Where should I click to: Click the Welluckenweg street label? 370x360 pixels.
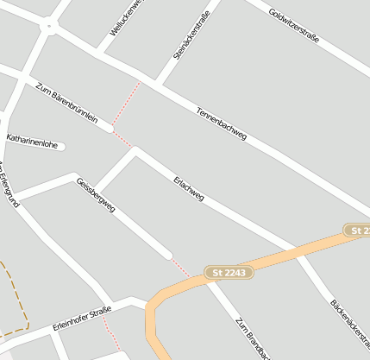[124, 18]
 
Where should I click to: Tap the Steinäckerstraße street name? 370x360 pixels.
[191, 39]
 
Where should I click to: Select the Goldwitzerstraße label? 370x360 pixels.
[294, 26]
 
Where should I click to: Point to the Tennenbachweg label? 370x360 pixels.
[222, 124]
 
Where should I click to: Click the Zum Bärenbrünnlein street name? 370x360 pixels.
[67, 103]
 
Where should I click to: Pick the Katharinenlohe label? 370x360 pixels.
[32, 141]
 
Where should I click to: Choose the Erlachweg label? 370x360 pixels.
[189, 189]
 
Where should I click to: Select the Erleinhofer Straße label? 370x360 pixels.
[83, 317]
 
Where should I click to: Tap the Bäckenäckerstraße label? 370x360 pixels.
[349, 328]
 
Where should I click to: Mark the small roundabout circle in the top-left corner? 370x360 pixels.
[48, 27]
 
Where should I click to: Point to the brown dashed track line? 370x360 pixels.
[24, 298]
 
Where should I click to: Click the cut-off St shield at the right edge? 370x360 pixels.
[358, 231]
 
